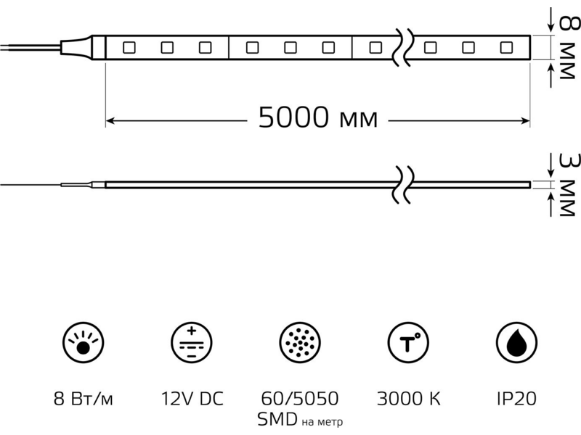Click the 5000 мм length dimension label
(x=318, y=117)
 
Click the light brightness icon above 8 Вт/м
(x=83, y=342)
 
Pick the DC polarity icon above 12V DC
(x=192, y=342)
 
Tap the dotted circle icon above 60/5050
(x=300, y=342)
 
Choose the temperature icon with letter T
(x=408, y=342)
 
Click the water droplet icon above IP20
(x=516, y=342)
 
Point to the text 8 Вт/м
(x=83, y=399)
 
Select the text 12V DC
(x=192, y=399)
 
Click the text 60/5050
(x=300, y=399)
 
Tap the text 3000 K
(x=409, y=399)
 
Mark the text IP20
(x=516, y=399)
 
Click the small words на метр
(x=322, y=422)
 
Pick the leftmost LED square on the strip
(x=129, y=48)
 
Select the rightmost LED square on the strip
(x=506, y=48)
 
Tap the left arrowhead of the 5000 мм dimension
(x=110, y=120)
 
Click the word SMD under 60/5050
(x=277, y=420)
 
